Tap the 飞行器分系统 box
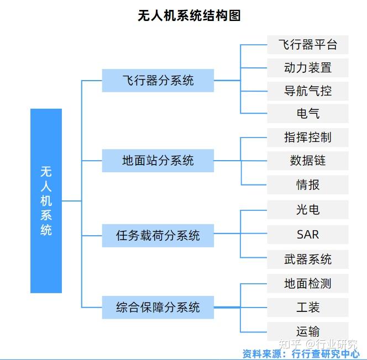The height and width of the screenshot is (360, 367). (x=158, y=81)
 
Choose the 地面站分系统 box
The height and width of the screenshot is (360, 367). (x=158, y=161)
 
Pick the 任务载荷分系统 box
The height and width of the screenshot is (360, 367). (x=158, y=236)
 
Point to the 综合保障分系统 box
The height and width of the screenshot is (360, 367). (x=158, y=307)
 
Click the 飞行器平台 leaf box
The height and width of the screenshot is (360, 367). (x=307, y=44)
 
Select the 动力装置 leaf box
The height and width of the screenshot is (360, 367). (x=307, y=68)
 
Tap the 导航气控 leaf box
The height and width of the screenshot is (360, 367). (x=307, y=91)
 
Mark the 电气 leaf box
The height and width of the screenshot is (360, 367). (x=307, y=114)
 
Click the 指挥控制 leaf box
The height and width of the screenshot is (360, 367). (x=307, y=137)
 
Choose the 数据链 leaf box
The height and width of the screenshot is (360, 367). (x=307, y=161)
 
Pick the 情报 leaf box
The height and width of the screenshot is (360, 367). (x=307, y=185)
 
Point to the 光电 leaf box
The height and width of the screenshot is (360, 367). (x=307, y=210)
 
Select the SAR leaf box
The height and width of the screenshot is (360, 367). (x=307, y=235)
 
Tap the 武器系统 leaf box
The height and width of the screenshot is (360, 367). (x=307, y=259)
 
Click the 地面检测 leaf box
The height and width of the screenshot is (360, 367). (x=307, y=284)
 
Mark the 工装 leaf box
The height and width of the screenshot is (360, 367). (x=307, y=307)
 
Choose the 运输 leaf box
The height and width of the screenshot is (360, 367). (x=307, y=331)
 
